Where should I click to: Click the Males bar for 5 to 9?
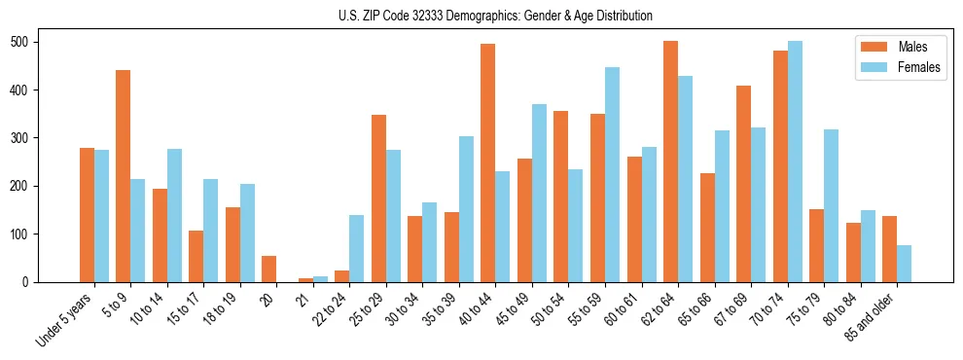(x=123, y=176)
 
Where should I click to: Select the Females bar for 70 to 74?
(x=795, y=162)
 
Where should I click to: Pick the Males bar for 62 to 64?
(x=670, y=162)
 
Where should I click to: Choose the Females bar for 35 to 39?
(x=466, y=209)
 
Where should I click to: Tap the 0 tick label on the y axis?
(x=30, y=282)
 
